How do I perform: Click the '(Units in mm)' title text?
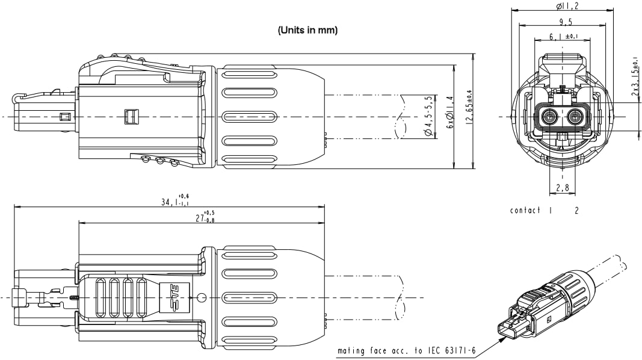307,30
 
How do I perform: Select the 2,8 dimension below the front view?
563,188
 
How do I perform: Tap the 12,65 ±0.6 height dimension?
468,108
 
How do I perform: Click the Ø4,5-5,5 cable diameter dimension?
428,116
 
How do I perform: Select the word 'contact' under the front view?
525,211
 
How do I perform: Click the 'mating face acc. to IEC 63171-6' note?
406,350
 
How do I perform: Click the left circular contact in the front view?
549,117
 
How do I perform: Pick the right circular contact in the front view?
575,117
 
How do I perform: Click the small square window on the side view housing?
130,116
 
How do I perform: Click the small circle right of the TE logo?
202,297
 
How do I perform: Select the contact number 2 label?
576,211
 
